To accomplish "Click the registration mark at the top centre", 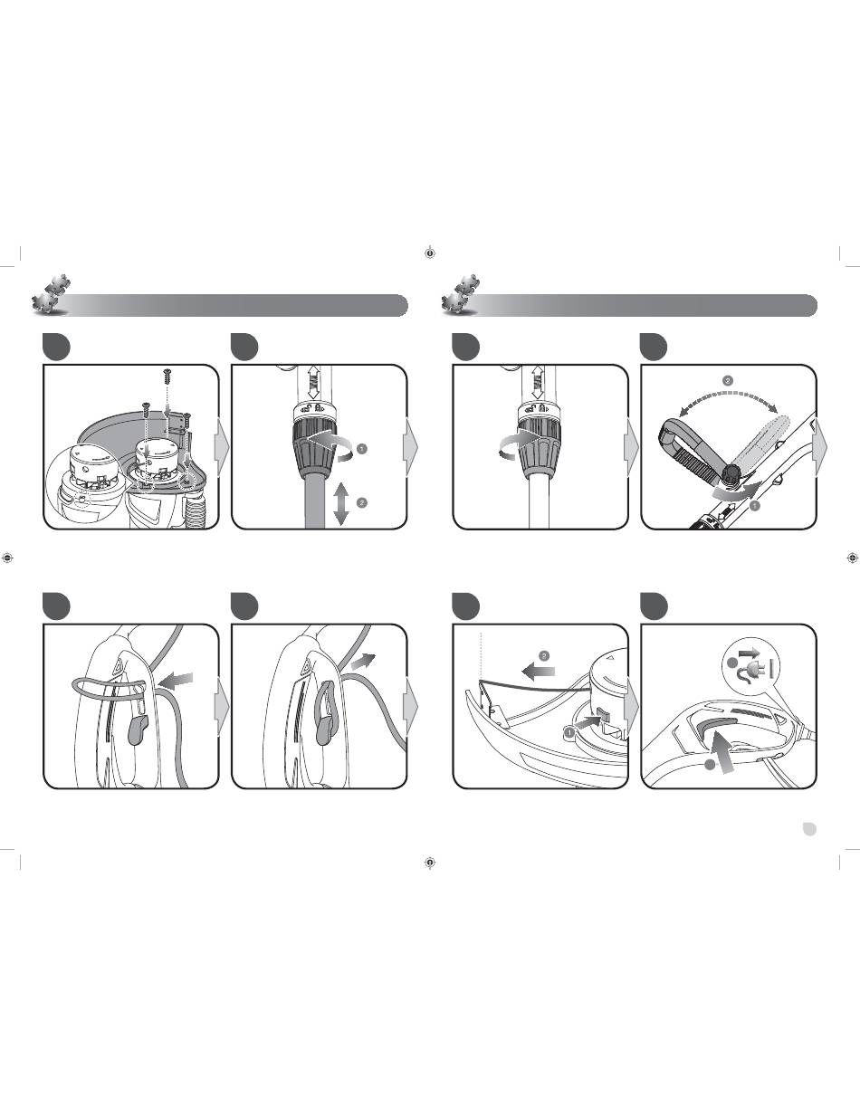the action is tap(430, 253).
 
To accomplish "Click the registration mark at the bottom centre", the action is tap(430, 863).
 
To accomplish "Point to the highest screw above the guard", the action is tap(167, 377).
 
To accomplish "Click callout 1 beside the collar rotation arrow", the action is tap(361, 449).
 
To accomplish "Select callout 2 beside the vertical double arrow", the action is tap(361, 503).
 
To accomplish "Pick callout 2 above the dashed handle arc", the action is tap(728, 381).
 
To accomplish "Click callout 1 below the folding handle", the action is tap(755, 506).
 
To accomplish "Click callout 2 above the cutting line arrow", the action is tap(544, 656).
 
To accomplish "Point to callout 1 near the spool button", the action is tap(569, 730).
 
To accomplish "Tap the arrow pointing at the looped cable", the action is tap(177, 681).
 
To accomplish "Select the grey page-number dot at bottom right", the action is tap(809, 829).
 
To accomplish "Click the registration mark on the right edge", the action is tap(852, 558).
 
